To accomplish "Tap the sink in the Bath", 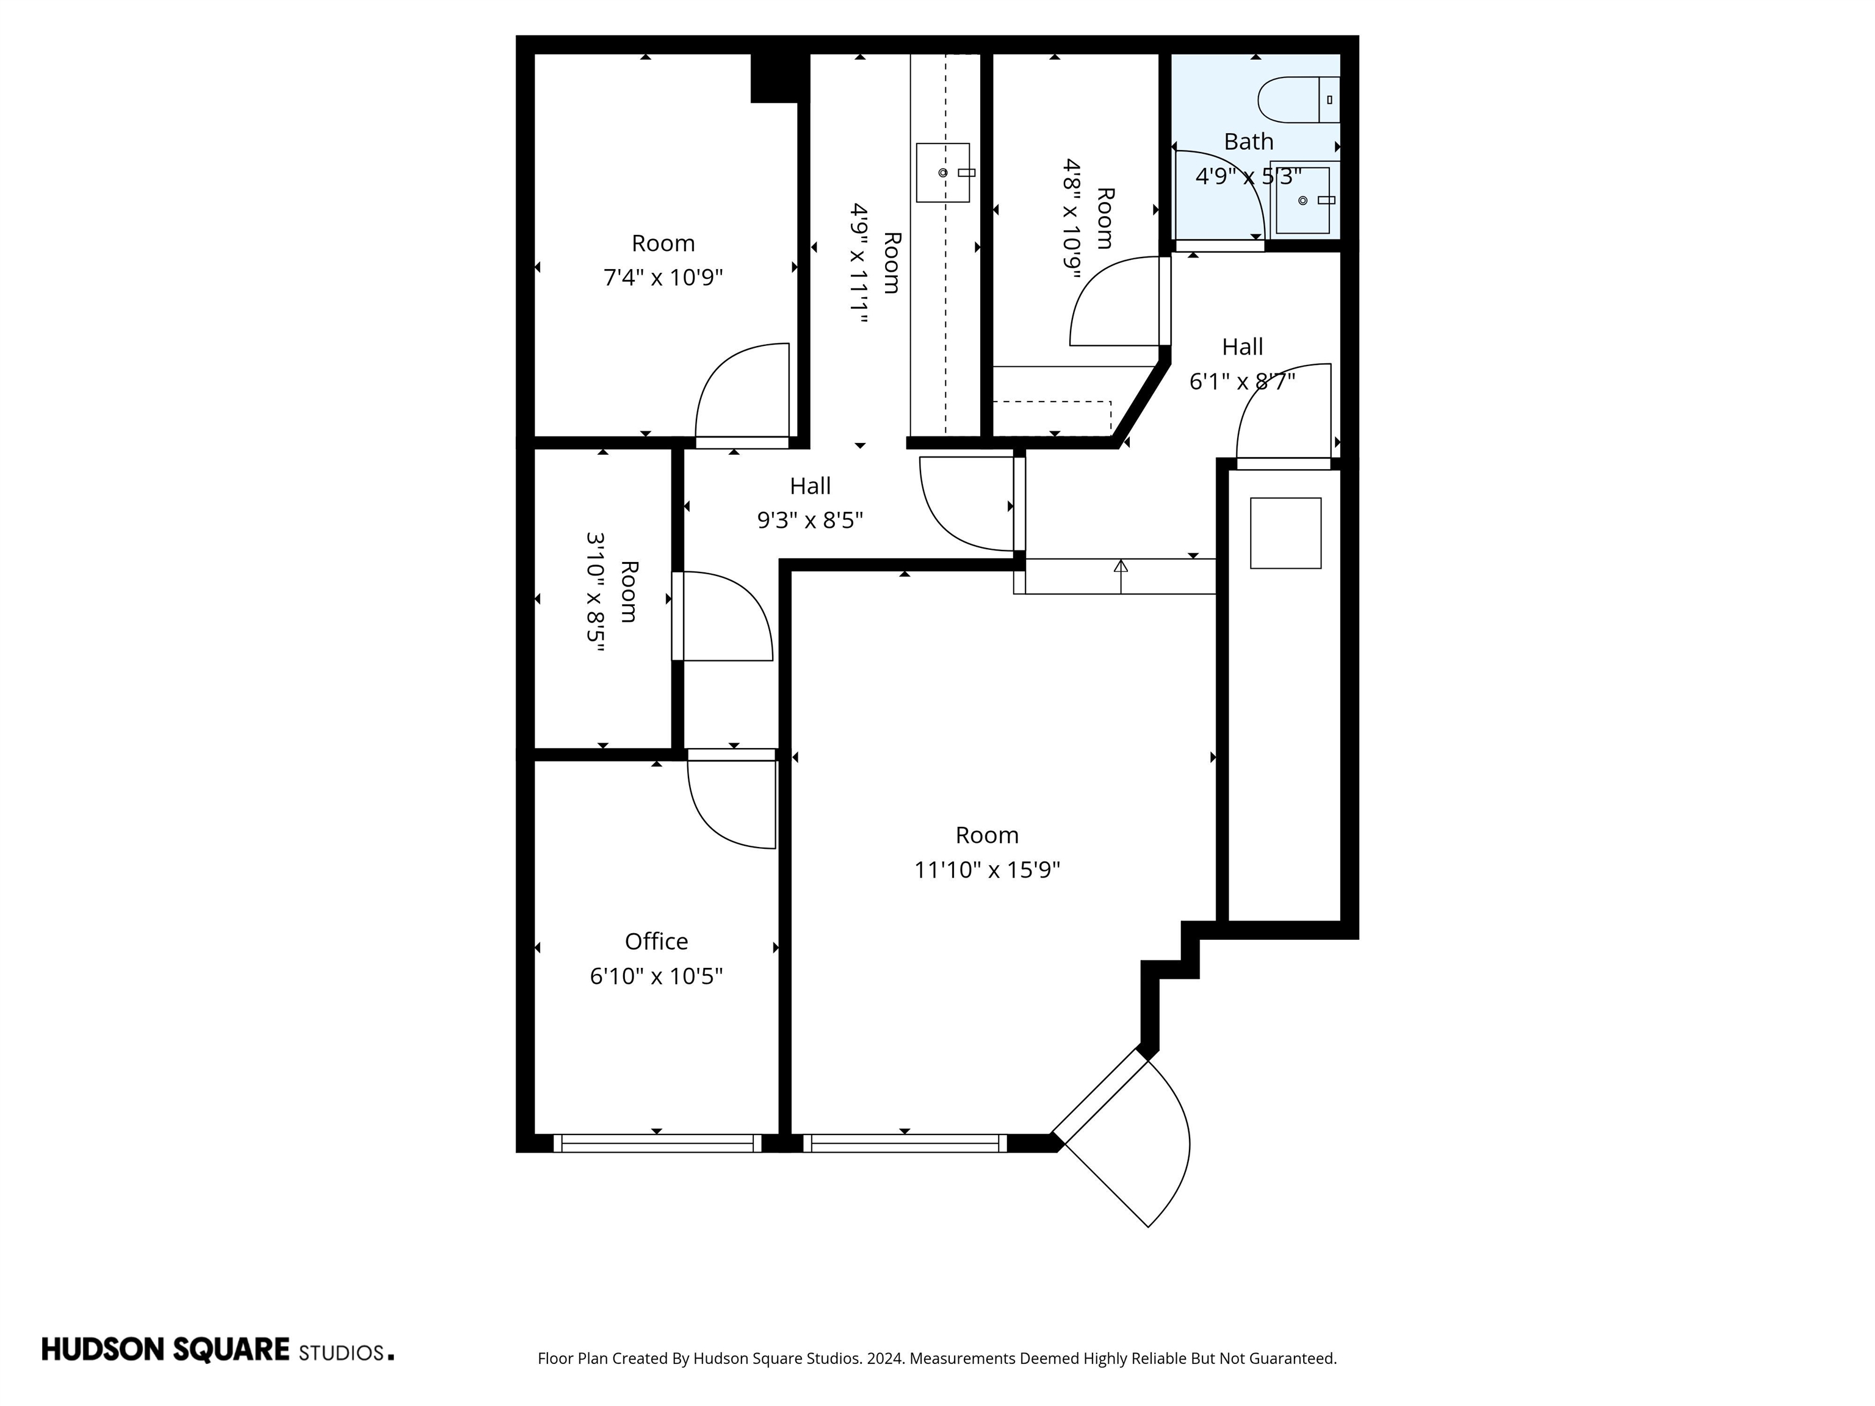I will [x=1303, y=201].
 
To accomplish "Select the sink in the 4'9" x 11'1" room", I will [x=942, y=173].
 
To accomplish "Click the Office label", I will [x=656, y=942].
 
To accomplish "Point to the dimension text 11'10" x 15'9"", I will [x=987, y=870].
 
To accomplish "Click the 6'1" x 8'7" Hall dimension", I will [x=1242, y=382].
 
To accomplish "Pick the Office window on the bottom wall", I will [x=657, y=1143].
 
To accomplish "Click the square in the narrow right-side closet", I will [x=1285, y=533].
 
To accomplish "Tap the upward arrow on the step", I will [x=1121, y=566].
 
